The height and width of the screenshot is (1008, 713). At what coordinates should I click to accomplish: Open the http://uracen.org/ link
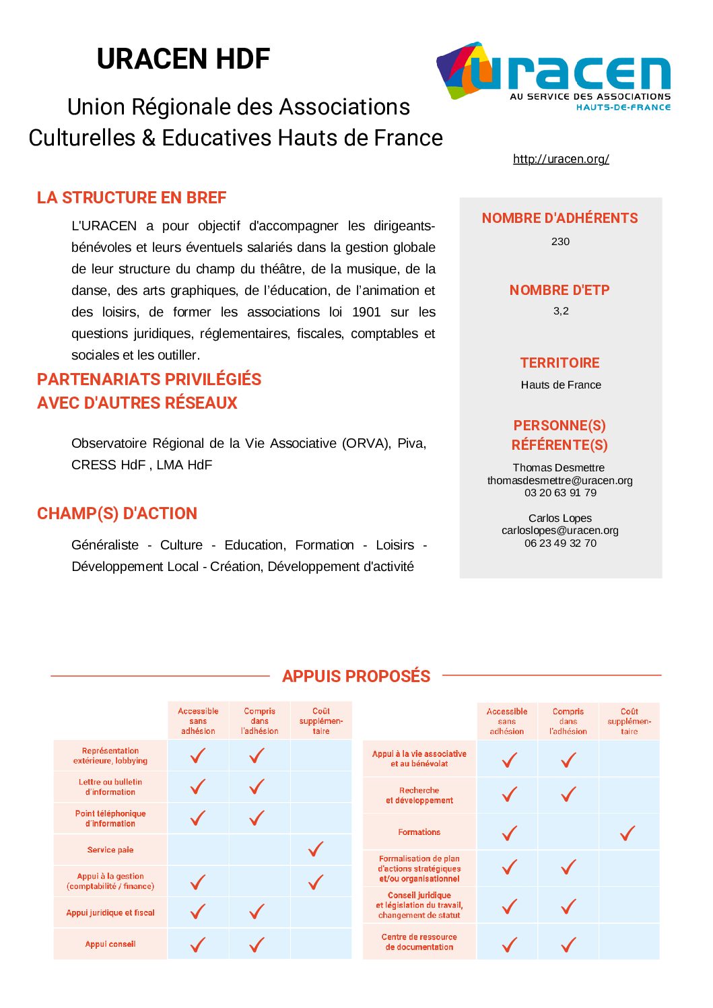point(561,159)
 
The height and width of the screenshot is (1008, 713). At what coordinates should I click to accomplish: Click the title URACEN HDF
point(183,59)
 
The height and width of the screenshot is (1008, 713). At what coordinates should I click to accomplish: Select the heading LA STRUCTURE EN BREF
point(131,198)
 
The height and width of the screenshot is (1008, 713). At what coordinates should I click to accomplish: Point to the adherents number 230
point(560,242)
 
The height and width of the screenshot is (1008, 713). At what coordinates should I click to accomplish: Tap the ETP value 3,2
point(561,311)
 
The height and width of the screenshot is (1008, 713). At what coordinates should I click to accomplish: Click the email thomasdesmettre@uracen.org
point(560,480)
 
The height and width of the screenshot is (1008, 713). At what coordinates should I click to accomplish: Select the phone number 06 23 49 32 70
point(560,543)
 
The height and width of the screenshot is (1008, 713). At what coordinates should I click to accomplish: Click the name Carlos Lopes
point(560,518)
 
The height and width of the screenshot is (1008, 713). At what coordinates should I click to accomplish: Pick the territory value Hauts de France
point(561,385)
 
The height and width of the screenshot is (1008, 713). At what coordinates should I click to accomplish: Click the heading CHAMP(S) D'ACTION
point(117,514)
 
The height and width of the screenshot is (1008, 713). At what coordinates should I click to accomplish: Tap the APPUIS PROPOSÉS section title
point(356,676)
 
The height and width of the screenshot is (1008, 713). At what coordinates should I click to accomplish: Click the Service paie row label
point(110,850)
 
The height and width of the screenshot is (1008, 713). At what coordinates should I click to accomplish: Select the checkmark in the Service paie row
point(316,849)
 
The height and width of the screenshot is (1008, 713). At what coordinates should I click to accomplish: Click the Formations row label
point(419,832)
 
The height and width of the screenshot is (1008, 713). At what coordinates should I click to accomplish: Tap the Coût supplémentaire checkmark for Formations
point(627,834)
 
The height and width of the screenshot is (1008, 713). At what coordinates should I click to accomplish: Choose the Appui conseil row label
point(110,944)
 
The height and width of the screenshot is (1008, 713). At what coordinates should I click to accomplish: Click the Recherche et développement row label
point(419,795)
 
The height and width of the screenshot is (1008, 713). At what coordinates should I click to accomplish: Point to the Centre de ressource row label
point(419,942)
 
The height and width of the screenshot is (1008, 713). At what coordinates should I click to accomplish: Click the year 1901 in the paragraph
point(366,312)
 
